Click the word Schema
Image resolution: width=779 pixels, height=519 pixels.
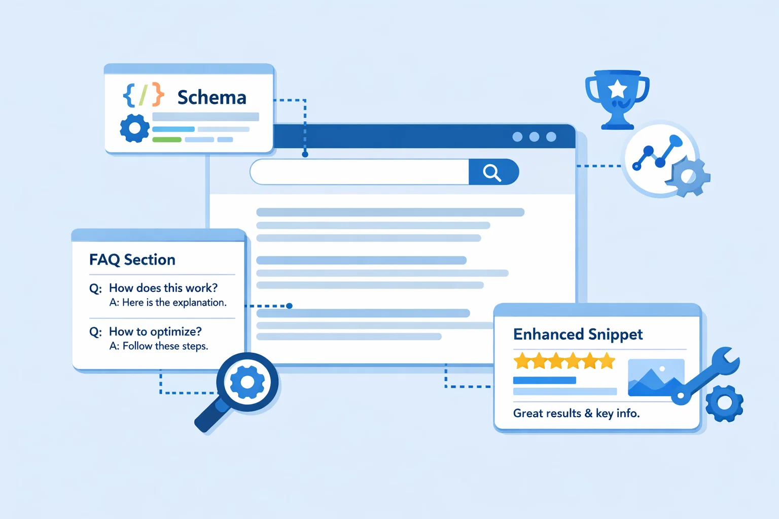pyautogui.click(x=211, y=97)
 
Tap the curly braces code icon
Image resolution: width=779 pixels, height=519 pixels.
pyautogui.click(x=144, y=95)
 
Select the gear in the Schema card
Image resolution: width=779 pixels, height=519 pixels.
pyautogui.click(x=134, y=128)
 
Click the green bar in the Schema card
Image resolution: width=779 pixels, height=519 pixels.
pyautogui.click(x=167, y=139)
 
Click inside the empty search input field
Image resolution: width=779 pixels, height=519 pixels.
pyautogui.click(x=359, y=172)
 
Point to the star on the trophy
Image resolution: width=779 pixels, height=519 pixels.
pyautogui.click(x=617, y=89)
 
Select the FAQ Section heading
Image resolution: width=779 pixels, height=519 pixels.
pyautogui.click(x=132, y=259)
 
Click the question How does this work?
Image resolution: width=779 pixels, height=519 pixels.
pyautogui.click(x=163, y=288)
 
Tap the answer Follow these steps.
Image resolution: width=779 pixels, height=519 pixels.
pyautogui.click(x=165, y=346)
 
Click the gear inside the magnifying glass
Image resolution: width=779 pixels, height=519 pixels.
pyautogui.click(x=247, y=382)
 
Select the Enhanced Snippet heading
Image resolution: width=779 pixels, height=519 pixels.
pyautogui.click(x=578, y=335)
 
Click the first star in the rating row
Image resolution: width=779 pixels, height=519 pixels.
pyautogui.click(x=522, y=361)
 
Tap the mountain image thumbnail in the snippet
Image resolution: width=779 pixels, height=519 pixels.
pyautogui.click(x=656, y=378)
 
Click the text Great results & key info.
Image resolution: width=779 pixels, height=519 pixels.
pyautogui.click(x=576, y=414)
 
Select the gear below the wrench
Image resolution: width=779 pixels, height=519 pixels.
pyautogui.click(x=724, y=403)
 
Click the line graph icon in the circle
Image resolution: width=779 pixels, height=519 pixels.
pyautogui.click(x=657, y=153)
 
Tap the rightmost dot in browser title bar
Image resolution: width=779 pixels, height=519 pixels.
pyautogui.click(x=551, y=137)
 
